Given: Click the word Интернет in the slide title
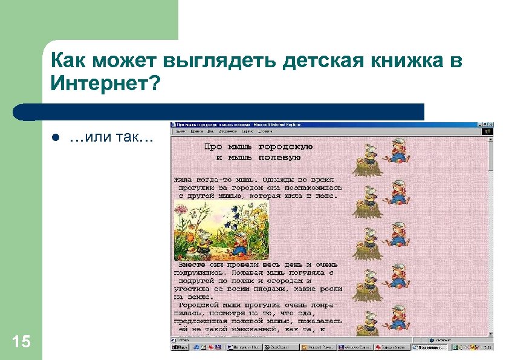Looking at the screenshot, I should coord(101,83).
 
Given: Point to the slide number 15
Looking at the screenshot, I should coord(21,342).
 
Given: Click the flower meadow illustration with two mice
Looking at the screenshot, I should coord(221,230).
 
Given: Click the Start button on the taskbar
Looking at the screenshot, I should coord(180,347).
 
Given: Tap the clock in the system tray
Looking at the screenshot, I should coord(485,347).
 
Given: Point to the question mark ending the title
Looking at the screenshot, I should coord(156,83).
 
